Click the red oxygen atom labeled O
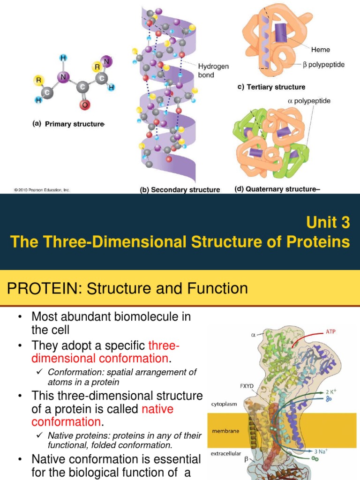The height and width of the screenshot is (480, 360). pyautogui.click(x=84, y=105)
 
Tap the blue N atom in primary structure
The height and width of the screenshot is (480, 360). pyautogui.click(x=62, y=77)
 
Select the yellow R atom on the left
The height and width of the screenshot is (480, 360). pyautogui.click(x=38, y=80)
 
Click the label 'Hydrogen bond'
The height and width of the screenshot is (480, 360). pyautogui.click(x=213, y=70)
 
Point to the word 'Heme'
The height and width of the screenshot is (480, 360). pyautogui.click(x=321, y=49)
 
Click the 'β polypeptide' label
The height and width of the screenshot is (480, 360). pyautogui.click(x=323, y=65)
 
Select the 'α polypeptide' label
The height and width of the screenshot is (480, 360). pyautogui.click(x=309, y=101)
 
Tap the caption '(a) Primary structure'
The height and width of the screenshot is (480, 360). pyautogui.click(x=68, y=124)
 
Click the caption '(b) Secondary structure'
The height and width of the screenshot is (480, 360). pyautogui.click(x=180, y=190)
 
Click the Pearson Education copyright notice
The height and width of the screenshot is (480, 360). pyautogui.click(x=42, y=190)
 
